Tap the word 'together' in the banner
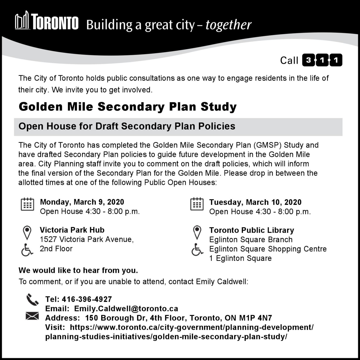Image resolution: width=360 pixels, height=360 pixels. [228, 25]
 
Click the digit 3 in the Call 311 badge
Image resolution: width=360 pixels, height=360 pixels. [309, 60]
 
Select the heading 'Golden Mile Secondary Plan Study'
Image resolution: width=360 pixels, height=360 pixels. [127, 107]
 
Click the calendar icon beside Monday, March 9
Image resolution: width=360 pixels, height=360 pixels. [27, 204]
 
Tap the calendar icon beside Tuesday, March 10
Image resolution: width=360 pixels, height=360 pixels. [197, 204]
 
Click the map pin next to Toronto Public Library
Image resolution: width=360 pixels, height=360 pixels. [197, 233]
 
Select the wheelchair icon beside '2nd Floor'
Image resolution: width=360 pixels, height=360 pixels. [27, 250]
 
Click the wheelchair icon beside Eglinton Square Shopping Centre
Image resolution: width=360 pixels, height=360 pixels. [197, 249]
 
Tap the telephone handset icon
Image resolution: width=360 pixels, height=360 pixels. [32, 300]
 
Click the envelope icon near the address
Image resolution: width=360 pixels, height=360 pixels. [32, 316]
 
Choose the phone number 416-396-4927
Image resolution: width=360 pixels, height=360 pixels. [87, 299]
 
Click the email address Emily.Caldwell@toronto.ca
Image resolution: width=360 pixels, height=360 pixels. [126, 309]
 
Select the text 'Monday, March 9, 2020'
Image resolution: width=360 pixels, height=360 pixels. [82, 202]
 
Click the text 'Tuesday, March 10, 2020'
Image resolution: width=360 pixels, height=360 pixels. [255, 202]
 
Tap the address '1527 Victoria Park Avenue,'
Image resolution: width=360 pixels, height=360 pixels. [87, 239]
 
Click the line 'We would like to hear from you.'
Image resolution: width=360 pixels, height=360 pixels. [78, 270]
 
